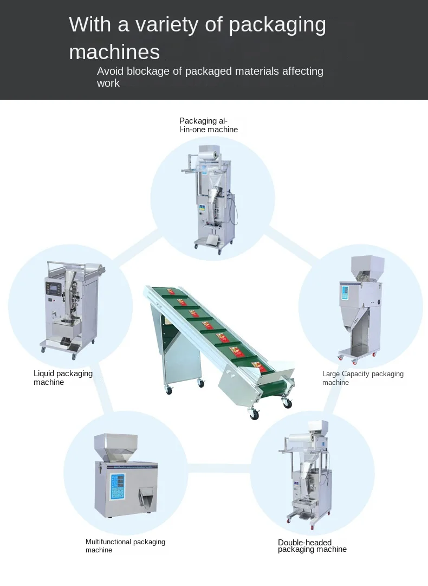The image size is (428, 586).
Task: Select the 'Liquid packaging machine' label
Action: click(x=63, y=378)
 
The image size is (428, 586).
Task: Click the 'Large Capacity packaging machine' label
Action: click(x=362, y=378)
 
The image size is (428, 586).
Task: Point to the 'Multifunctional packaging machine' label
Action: click(x=125, y=546)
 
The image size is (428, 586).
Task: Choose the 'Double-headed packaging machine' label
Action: click(x=312, y=546)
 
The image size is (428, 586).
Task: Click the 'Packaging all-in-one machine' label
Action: click(x=209, y=125)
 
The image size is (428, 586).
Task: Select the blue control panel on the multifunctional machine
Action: click(x=116, y=486)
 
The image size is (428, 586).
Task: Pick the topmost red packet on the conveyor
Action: click(x=172, y=292)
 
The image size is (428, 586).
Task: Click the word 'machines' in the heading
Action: click(x=114, y=52)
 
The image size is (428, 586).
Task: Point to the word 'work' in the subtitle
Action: click(x=108, y=83)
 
